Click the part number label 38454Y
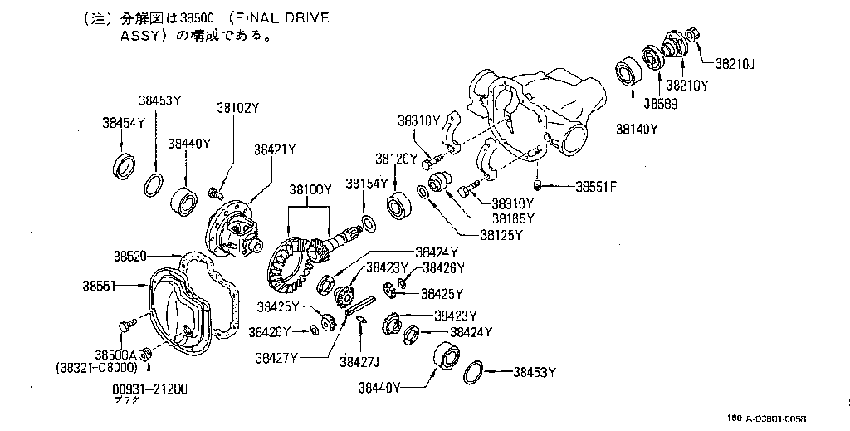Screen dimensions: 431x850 coord(124,123)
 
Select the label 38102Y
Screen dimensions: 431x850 coord(238,108)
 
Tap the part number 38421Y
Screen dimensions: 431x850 coord(275,149)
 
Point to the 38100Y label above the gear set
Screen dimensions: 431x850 coord(310,190)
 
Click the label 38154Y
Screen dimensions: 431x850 coord(367,184)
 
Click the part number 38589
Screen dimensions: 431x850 coord(659,105)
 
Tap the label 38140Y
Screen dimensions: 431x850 coord(636,129)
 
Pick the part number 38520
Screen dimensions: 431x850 coord(131,256)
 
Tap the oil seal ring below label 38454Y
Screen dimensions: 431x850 coord(124,165)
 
